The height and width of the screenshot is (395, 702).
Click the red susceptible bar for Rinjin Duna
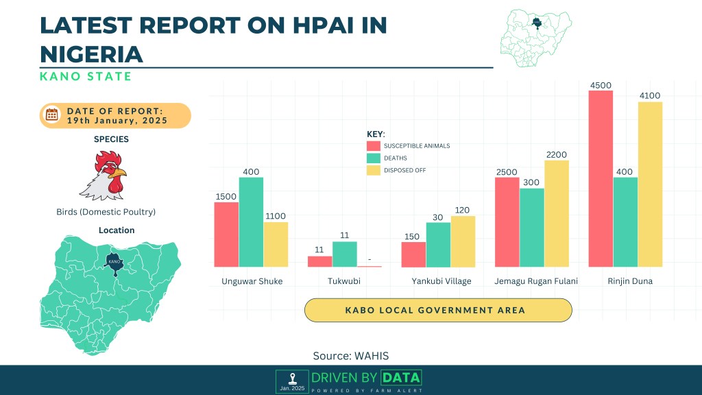pos(601,178)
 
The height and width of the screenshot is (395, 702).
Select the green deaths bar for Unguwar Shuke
pos(251,222)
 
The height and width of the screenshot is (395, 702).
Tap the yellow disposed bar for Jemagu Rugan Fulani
pos(557,213)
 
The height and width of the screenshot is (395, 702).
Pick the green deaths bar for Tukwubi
pos(344,254)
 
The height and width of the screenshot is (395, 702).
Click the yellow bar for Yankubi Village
pos(463,241)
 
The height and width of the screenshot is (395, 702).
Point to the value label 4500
pos(601,85)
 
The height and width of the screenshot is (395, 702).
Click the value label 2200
pos(557,154)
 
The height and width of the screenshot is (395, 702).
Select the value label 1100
pos(276,216)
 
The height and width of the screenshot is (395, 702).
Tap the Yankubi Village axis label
pos(441,281)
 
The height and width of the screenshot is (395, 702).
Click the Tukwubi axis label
pos(344,281)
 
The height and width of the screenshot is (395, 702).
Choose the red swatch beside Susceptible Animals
pos(374,146)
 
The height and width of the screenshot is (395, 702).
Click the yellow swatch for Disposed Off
pos(374,170)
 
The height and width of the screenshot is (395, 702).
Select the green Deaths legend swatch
pos(374,158)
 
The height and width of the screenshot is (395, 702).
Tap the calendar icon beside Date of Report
pos(52,115)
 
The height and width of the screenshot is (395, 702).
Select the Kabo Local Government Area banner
pos(438,310)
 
